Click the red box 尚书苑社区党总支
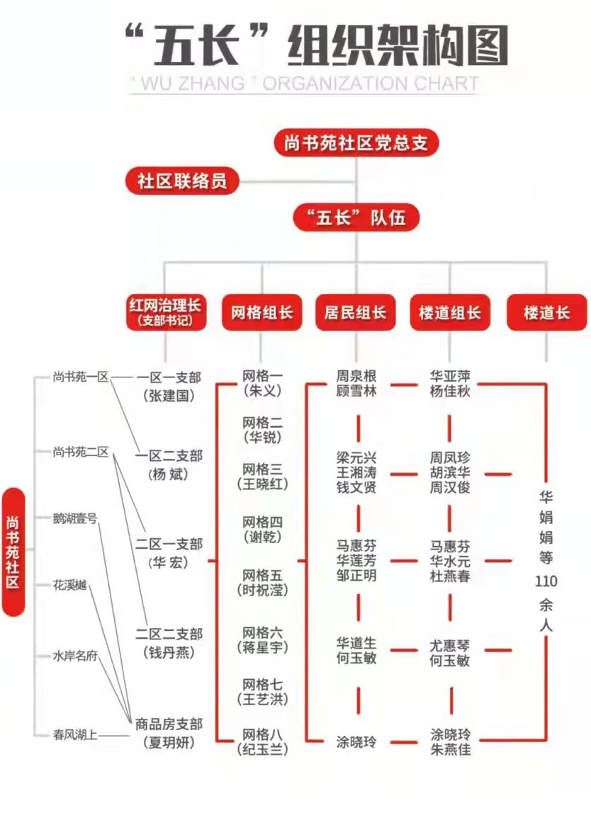(356, 143)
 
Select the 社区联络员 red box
(182, 181)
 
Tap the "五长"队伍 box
(356, 218)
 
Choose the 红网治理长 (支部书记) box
(166, 312)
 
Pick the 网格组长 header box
(261, 312)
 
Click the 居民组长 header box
(355, 312)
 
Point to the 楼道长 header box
(546, 312)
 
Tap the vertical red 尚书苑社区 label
(13, 552)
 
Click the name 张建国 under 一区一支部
(169, 396)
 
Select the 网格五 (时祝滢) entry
(262, 582)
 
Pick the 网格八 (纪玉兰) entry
(262, 742)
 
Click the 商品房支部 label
(169, 724)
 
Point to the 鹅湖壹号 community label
(75, 518)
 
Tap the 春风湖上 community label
(75, 735)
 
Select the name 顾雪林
(356, 392)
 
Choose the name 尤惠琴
(450, 646)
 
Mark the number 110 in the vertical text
(546, 581)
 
